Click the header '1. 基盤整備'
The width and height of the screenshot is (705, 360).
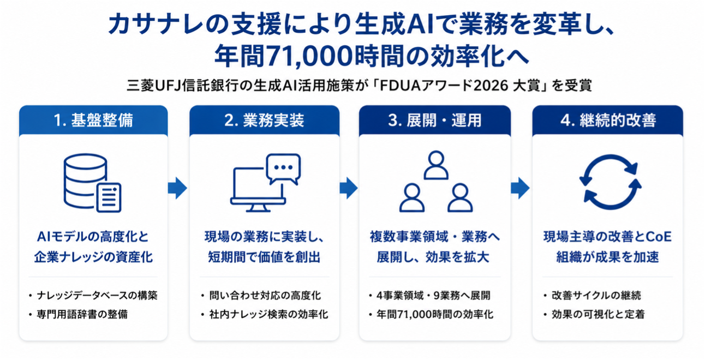93,120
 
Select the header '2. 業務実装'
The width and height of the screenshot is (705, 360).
264,120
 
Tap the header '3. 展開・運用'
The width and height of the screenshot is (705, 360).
435,120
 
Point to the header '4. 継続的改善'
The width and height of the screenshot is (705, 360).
608,120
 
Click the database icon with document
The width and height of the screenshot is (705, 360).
93,183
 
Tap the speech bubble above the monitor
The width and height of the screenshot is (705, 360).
283,169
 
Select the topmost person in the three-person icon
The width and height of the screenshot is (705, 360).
436,165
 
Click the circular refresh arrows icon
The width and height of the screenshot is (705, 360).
610,182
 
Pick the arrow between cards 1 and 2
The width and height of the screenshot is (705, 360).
177,188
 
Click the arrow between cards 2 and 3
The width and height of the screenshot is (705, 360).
349,188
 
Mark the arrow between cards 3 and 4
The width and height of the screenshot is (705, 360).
520,188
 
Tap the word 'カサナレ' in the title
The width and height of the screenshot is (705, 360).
156,25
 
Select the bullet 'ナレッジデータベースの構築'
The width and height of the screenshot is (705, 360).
97,296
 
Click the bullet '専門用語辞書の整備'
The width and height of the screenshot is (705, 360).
82,314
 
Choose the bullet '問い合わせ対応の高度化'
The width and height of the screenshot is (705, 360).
265,296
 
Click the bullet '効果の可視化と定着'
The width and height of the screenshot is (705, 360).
598,314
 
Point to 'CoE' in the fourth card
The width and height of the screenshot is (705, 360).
659,237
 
